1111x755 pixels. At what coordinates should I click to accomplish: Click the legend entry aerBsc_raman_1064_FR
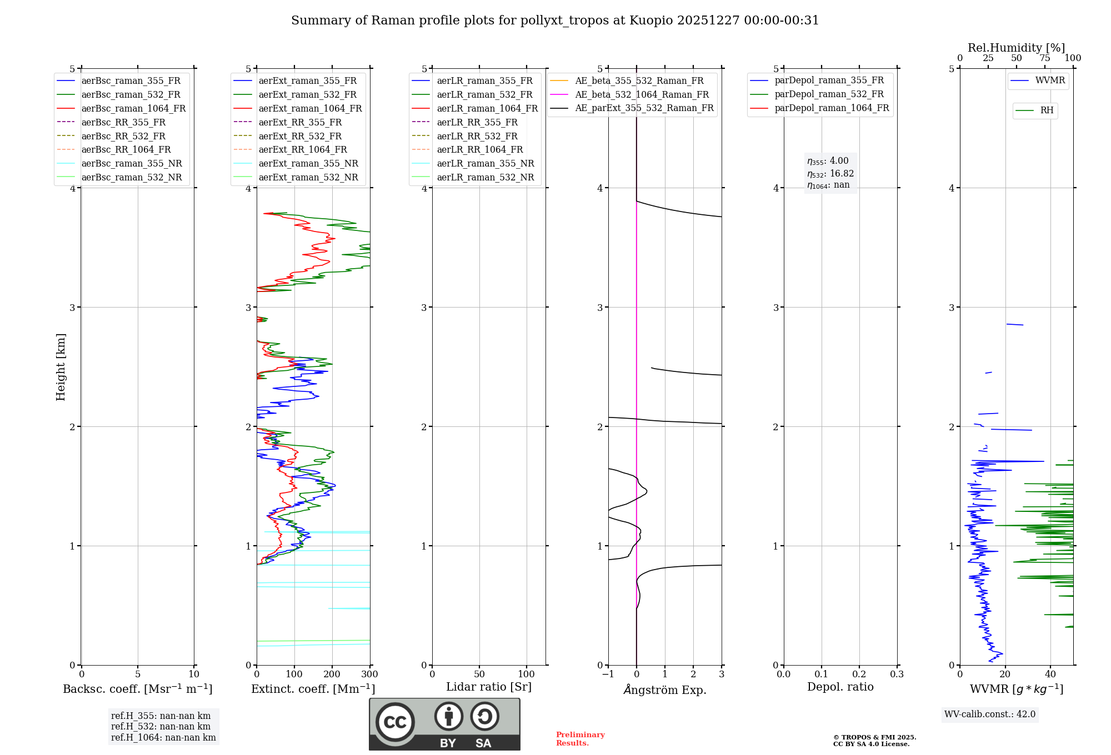[x=133, y=109]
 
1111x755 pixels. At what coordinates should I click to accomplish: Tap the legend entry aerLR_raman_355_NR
[x=485, y=164]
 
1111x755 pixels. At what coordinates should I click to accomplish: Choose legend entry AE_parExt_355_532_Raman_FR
[x=644, y=108]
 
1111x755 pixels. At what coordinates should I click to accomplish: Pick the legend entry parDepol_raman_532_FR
[x=829, y=94]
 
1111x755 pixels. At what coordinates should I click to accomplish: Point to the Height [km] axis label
[x=61, y=367]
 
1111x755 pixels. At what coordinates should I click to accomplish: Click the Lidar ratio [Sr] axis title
[x=489, y=687]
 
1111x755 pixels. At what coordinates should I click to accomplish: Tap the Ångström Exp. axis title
[x=665, y=690]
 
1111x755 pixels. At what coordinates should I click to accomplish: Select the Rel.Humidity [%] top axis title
[x=1016, y=48]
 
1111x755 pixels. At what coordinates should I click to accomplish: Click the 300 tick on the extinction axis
[x=369, y=675]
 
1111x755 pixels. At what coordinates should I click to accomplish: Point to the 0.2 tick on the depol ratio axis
[x=859, y=675]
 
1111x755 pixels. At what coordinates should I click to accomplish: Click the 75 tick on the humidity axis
[x=1045, y=58]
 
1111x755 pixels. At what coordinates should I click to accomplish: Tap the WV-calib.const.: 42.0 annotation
[x=990, y=714]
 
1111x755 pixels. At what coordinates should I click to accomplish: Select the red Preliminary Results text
[x=580, y=739]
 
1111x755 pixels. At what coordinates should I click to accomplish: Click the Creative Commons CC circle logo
[x=395, y=722]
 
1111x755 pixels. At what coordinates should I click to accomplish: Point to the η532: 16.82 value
[x=830, y=174]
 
